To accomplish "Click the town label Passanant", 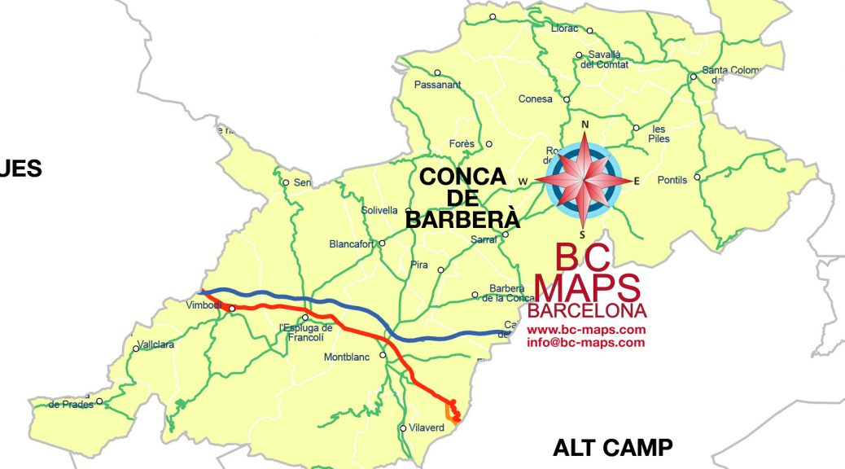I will [437, 85].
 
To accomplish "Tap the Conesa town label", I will [535, 99].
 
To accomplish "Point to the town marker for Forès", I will [488, 144].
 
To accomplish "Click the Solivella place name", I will [381, 211].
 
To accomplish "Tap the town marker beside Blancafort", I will [383, 243].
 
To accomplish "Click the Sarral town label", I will [484, 240].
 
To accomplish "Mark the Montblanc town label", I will [347, 357].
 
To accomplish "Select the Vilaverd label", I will [427, 427].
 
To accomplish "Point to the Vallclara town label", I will [156, 344].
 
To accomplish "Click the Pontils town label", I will [672, 180].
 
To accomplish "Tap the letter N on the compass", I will [584, 125].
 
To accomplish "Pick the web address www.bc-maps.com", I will [586, 330].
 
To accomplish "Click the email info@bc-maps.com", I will [586, 343].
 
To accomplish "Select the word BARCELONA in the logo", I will [587, 311].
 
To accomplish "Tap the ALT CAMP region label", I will [612, 447].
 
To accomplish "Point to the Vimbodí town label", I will [204, 305].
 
